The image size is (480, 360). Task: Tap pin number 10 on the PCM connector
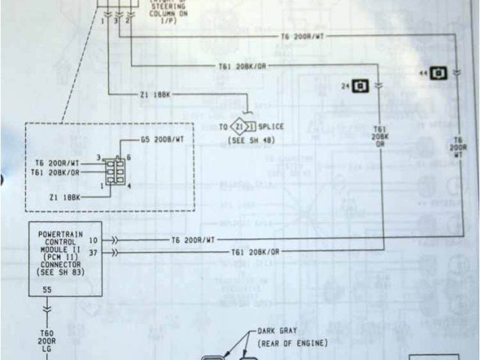tap(93, 240)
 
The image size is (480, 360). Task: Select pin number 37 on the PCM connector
tap(93, 253)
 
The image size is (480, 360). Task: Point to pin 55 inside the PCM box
tap(46, 289)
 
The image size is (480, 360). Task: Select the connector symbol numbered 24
tap(361, 86)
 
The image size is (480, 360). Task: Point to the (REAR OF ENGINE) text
tap(293, 343)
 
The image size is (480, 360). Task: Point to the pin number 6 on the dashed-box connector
tap(130, 157)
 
